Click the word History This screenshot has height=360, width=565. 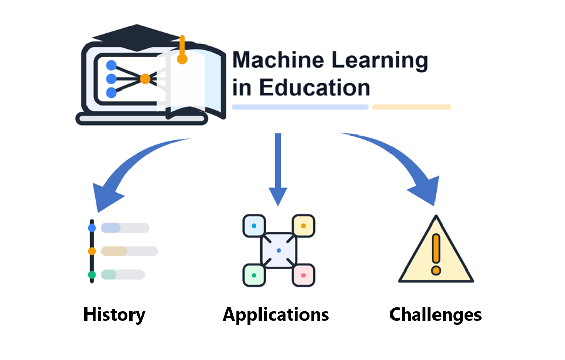[114, 314]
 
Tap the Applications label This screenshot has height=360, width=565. [276, 314]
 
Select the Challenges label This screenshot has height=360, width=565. [436, 314]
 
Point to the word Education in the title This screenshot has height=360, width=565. [315, 87]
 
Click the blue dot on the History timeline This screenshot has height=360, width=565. [92, 228]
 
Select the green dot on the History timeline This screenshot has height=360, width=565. [92, 275]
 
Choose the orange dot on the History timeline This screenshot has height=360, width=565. [92, 251]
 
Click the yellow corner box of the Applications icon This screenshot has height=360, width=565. [303, 226]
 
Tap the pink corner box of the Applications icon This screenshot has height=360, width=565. [303, 275]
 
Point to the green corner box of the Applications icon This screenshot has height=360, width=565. [254, 275]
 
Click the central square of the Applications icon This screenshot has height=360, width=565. [279, 250]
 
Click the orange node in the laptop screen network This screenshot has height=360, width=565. [145, 79]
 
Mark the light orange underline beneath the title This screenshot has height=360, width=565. [411, 107]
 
